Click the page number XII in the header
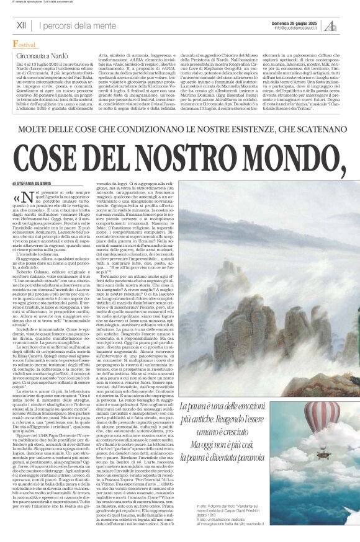[x=21, y=25]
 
